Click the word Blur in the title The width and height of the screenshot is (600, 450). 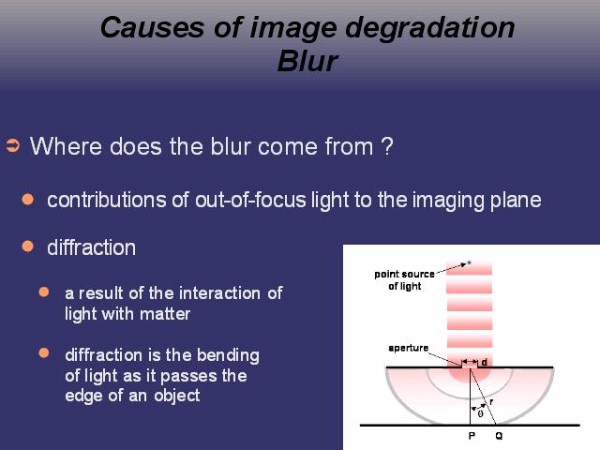[x=307, y=61]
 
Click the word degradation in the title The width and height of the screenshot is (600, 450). [x=429, y=29]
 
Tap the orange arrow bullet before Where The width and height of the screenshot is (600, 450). [x=12, y=146]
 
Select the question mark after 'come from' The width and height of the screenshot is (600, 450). [x=387, y=146]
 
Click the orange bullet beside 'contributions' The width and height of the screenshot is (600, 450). [x=27, y=199]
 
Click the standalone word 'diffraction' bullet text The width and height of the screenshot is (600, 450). [x=92, y=247]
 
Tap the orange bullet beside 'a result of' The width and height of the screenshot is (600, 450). [x=44, y=292]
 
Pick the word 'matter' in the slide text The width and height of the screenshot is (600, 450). [x=165, y=314]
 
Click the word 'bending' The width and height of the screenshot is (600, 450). [x=228, y=356]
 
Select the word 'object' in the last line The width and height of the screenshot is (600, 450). [x=177, y=396]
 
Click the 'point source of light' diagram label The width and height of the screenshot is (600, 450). [x=404, y=280]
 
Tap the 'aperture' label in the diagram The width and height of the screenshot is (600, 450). [x=409, y=348]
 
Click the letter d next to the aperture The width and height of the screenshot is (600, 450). [x=484, y=362]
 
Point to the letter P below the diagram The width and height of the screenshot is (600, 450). [x=472, y=435]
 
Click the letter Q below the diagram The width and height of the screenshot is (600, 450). [x=499, y=435]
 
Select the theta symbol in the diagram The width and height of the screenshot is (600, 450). [x=480, y=413]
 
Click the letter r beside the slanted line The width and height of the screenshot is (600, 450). [x=491, y=402]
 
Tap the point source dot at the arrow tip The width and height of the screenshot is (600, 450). [x=469, y=262]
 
